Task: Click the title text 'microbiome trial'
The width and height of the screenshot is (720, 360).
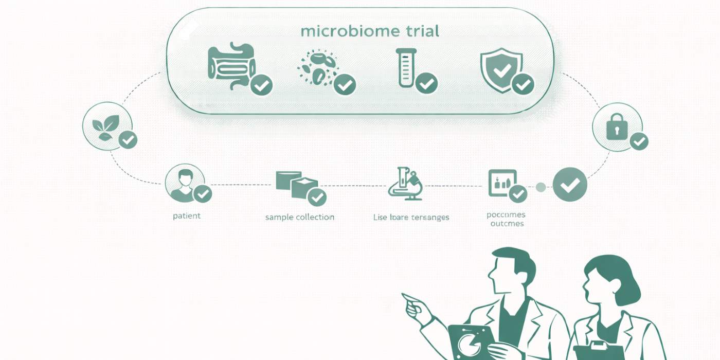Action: pyautogui.click(x=370, y=31)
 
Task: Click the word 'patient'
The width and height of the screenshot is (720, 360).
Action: pyautogui.click(x=187, y=216)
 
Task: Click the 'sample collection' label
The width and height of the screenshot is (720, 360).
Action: pyautogui.click(x=300, y=217)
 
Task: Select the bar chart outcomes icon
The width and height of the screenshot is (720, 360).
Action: pyautogui.click(x=500, y=183)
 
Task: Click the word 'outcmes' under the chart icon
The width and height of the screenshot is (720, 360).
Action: pyautogui.click(x=507, y=224)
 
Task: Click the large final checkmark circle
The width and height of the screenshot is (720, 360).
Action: pyautogui.click(x=570, y=185)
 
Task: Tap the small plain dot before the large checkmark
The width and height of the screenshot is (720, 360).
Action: pyautogui.click(x=541, y=187)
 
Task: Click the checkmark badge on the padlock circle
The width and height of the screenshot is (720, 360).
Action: pyautogui.click(x=639, y=141)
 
